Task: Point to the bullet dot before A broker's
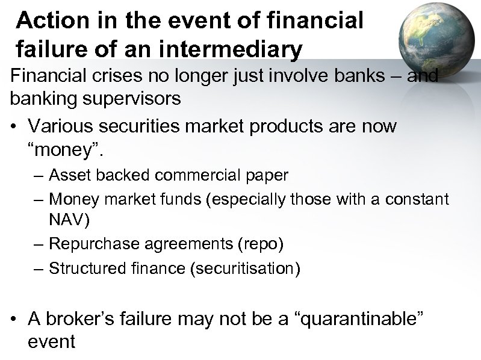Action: coord(19,319)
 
